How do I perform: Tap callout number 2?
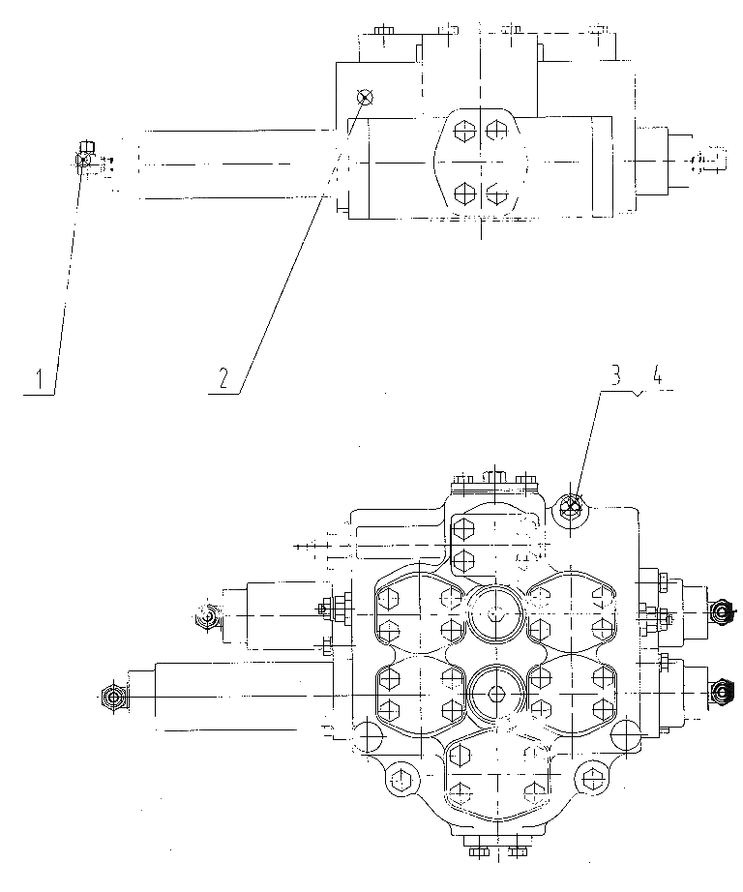[x=223, y=378]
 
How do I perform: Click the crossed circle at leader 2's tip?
[x=365, y=98]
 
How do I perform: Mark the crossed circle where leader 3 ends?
[x=571, y=505]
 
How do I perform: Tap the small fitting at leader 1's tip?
[x=84, y=157]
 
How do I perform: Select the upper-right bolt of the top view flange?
[x=496, y=131]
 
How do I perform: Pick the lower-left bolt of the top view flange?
[x=464, y=194]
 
